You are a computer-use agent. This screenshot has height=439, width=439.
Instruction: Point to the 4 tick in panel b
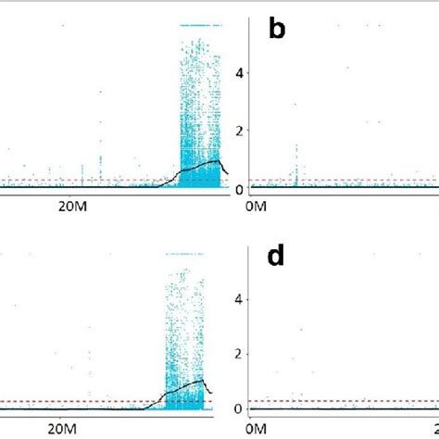239,72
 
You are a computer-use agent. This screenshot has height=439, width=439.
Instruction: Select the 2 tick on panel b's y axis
239,131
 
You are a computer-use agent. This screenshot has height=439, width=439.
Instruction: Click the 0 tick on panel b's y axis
239,189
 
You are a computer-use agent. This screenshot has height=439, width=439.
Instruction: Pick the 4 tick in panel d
239,299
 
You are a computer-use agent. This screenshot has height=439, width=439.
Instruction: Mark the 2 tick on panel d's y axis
239,354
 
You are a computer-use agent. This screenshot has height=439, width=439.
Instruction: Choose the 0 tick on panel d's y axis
239,408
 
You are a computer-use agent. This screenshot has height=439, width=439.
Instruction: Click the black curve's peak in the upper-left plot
218,161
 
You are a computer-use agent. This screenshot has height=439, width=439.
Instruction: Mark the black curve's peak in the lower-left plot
201,380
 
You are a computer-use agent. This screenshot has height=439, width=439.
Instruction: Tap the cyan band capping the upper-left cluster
199,25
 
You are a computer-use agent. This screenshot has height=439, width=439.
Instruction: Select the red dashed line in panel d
343,401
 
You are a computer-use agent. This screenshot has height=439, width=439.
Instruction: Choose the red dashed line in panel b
343,180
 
